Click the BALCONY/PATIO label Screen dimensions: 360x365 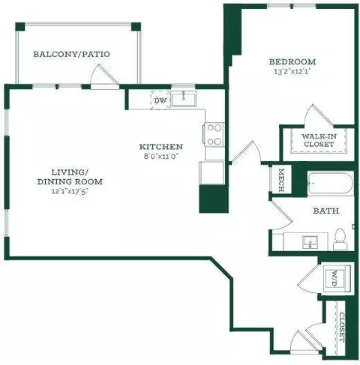[71, 54]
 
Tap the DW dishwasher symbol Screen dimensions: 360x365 [160, 100]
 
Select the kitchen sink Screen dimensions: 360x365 [184, 99]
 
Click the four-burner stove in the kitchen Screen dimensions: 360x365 [214, 135]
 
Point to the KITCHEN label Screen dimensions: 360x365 [161, 146]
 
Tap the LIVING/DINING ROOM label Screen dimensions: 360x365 [70, 177]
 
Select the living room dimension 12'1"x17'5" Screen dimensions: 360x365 [70, 191]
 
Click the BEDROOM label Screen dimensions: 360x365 [292, 61]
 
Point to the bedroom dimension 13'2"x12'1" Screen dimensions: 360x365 [292, 72]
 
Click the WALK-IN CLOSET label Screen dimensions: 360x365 [319, 140]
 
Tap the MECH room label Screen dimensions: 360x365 [281, 180]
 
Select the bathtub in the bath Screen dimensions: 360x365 [331, 184]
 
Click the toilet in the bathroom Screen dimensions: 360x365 [340, 239]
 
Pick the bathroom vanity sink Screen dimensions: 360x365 [310, 242]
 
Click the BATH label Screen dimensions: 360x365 [326, 211]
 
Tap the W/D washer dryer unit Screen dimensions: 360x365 [337, 278]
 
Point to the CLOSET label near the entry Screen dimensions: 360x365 [342, 328]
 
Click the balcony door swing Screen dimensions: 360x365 [103, 75]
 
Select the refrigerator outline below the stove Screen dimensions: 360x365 [211, 173]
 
